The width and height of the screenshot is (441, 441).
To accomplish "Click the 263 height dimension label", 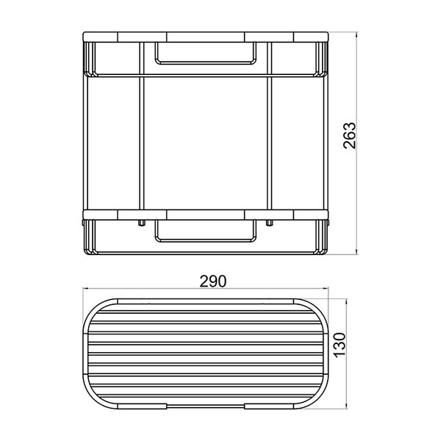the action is [x=350, y=135].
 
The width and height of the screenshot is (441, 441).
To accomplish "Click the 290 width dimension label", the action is [x=213, y=282].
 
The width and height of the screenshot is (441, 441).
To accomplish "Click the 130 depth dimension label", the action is [x=340, y=345].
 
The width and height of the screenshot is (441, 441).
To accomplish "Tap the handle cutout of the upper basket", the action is [x=206, y=62].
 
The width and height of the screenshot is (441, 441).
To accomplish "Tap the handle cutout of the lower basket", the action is [x=206, y=240].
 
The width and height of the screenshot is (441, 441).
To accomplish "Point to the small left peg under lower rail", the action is [x=142, y=223].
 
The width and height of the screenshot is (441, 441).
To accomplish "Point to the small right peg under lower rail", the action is [x=270, y=223].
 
